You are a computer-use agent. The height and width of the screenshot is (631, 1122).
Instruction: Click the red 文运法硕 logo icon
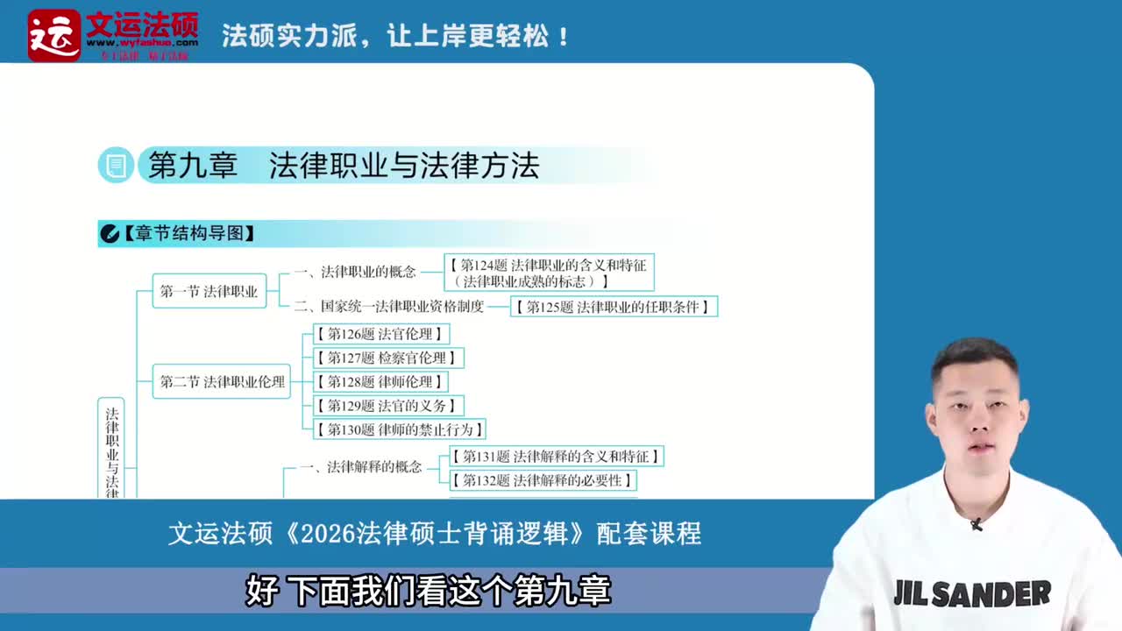click(53, 35)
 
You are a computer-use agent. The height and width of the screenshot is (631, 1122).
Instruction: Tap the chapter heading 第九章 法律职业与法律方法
click(343, 166)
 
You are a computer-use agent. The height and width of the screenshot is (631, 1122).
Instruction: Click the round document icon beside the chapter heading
click(115, 166)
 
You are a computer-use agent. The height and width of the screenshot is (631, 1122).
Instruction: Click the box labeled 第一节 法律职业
click(209, 291)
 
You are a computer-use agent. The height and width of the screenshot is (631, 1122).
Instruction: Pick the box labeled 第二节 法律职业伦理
click(222, 382)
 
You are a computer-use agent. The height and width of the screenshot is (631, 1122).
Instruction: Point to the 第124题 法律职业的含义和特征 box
click(550, 273)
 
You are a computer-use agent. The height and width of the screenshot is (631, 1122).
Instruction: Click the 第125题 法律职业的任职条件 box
click(614, 307)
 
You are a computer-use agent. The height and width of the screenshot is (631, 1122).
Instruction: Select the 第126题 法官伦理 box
click(380, 334)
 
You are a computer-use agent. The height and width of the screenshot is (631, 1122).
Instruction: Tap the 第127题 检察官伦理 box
click(387, 358)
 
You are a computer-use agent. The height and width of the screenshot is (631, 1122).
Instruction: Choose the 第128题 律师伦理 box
click(380, 382)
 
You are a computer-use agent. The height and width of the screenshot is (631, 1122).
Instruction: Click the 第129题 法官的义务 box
click(387, 406)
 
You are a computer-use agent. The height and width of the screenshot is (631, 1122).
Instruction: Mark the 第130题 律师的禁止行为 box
click(399, 429)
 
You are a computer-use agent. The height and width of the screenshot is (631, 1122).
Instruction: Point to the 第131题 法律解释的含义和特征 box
click(556, 457)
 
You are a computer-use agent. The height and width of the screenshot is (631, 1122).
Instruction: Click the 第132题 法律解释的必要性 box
click(542, 480)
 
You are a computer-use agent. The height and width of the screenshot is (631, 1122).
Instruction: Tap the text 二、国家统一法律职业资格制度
click(389, 307)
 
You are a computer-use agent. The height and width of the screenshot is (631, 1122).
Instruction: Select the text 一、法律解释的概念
click(360, 467)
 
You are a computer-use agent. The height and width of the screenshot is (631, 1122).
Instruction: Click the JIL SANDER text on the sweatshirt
click(972, 594)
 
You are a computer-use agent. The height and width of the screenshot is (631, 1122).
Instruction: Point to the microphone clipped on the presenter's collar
click(976, 524)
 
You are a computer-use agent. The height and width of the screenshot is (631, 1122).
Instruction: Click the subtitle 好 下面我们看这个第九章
click(429, 592)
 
